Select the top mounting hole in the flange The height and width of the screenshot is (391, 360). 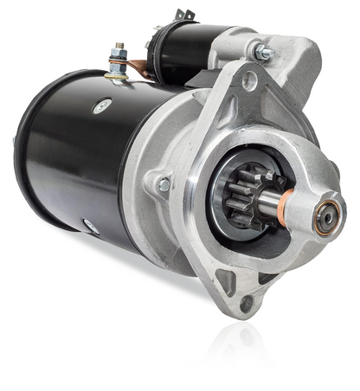tap(249, 82)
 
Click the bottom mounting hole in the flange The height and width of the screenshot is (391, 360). tap(247, 302)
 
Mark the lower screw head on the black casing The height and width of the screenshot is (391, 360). tap(89, 227)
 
